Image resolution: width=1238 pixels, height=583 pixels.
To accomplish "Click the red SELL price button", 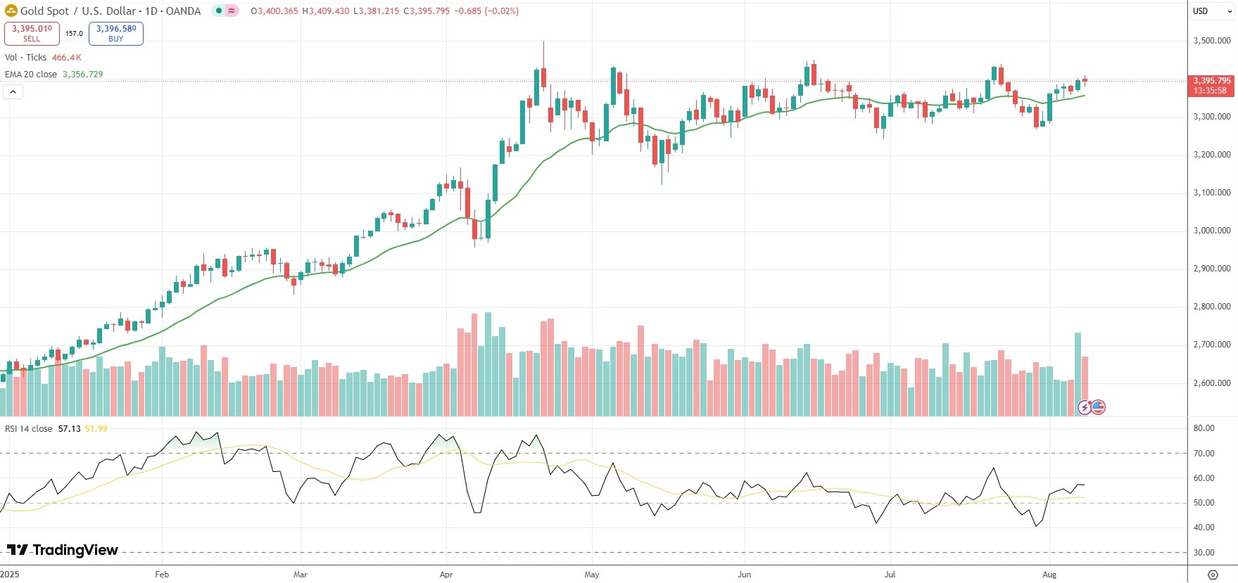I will click(32, 33).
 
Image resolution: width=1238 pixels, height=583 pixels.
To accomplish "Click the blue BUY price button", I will click(116, 33).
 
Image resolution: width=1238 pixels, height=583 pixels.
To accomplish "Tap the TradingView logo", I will click(63, 550).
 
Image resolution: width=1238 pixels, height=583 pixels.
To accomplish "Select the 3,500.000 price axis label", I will click(1211, 41).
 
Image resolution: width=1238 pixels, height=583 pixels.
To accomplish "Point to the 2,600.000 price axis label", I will click(1211, 383).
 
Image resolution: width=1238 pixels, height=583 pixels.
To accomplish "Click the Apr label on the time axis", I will click(446, 575).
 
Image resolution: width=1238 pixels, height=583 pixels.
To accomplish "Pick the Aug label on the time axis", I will click(1049, 575).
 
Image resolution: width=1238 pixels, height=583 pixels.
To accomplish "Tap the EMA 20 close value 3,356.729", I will click(82, 75).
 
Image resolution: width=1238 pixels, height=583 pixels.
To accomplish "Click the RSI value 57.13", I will click(69, 429).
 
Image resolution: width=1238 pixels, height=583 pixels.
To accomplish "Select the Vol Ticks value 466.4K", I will click(67, 58).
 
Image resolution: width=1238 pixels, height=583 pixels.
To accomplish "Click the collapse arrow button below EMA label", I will click(13, 91).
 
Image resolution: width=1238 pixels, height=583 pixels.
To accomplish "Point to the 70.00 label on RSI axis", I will click(1204, 454).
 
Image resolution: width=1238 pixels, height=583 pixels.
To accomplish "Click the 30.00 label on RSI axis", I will click(1204, 553).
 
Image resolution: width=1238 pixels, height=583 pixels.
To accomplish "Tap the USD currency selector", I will click(1201, 11).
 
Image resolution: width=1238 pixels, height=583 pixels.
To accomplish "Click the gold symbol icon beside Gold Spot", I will click(11, 11).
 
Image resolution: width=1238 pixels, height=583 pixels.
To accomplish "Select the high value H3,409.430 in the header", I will click(325, 11).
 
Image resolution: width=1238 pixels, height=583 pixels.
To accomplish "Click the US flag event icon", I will click(1098, 407).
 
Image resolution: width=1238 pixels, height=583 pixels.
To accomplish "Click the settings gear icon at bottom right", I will click(1213, 575).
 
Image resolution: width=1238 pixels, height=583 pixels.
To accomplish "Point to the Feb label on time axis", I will click(162, 575).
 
